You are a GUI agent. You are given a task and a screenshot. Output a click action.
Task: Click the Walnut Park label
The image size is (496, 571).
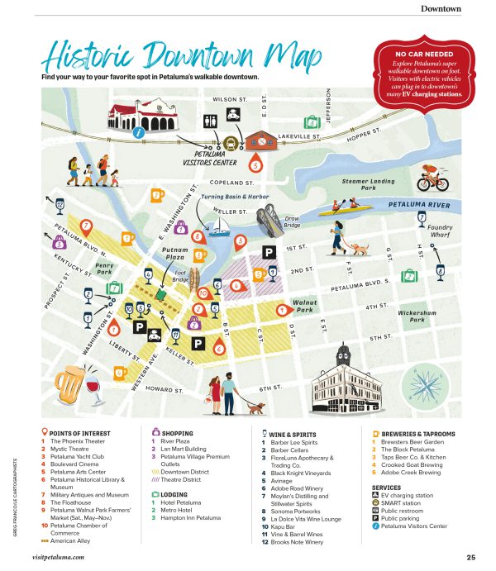306,307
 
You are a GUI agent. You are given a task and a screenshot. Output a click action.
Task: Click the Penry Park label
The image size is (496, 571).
104,269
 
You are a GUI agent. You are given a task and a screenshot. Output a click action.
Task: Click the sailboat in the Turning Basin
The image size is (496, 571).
219,225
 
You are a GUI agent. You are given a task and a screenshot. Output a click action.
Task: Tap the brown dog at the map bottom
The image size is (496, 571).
255,407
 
